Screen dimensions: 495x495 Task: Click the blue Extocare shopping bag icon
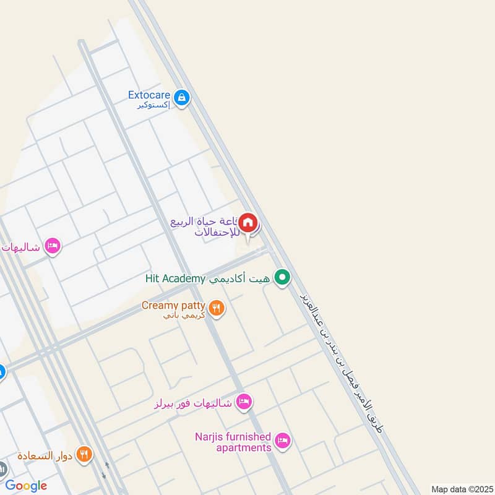(x=181, y=97)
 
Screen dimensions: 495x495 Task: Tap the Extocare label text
(x=148, y=95)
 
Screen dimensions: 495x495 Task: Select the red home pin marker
(x=248, y=223)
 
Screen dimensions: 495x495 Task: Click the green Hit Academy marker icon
(x=283, y=278)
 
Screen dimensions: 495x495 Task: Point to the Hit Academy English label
(x=175, y=278)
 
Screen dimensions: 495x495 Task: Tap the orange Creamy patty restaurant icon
(x=216, y=308)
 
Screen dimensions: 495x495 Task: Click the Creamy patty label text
(x=173, y=305)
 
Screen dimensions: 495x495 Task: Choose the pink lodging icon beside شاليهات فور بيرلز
(x=244, y=402)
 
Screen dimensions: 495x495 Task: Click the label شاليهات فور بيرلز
(x=193, y=403)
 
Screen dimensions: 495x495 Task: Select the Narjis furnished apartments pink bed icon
(x=283, y=441)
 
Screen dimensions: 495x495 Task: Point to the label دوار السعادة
(x=46, y=456)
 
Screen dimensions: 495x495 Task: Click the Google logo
(x=26, y=486)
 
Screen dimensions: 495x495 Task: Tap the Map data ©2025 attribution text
(x=461, y=489)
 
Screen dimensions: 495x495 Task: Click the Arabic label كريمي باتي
(x=176, y=316)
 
